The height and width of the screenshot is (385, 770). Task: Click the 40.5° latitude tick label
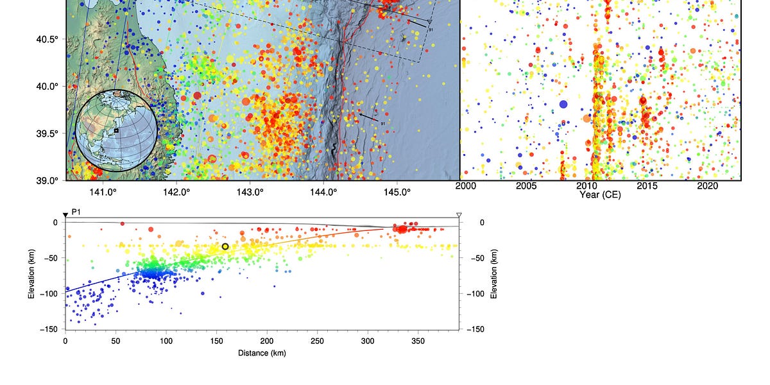(x=47, y=39)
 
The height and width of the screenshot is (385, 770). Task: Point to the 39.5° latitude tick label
(x=47, y=133)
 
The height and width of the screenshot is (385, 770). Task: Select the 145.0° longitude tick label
(x=397, y=191)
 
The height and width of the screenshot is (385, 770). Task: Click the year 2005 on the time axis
(x=526, y=186)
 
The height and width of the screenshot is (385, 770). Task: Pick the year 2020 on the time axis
(x=707, y=186)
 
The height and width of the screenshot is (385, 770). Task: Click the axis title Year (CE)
(x=599, y=194)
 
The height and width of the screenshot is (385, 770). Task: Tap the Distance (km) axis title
(x=262, y=353)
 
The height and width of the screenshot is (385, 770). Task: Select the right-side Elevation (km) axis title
(x=493, y=275)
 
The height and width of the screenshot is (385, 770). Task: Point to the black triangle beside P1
(x=65, y=215)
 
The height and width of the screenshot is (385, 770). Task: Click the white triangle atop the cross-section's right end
(x=459, y=215)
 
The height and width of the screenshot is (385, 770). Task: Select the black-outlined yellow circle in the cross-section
(x=225, y=246)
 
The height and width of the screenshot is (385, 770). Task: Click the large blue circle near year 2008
(x=563, y=104)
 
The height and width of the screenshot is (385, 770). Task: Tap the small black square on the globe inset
(x=116, y=130)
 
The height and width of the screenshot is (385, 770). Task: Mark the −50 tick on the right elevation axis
(x=477, y=258)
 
